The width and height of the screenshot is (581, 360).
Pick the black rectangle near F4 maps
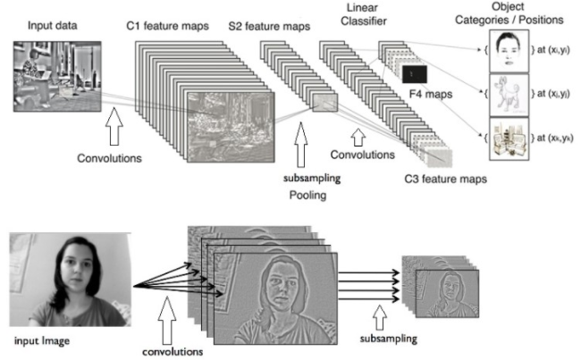(x=415, y=71)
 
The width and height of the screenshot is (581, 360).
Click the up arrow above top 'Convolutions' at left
(x=114, y=123)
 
